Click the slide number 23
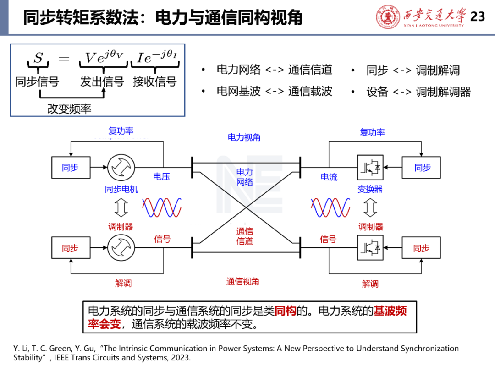478,17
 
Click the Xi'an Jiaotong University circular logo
388,16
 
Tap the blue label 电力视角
244,137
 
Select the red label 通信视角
243,282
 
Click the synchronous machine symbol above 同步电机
121,168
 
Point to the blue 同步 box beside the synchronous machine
70,168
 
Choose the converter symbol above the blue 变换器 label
370,168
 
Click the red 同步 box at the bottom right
421,248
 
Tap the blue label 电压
162,177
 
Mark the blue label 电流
329,177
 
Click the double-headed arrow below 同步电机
121,207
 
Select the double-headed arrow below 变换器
370,207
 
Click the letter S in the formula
38,58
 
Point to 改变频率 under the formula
69,109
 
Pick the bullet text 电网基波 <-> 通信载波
274,91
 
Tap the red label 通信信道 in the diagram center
245,236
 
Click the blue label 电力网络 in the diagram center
245,177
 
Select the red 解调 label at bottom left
123,284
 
